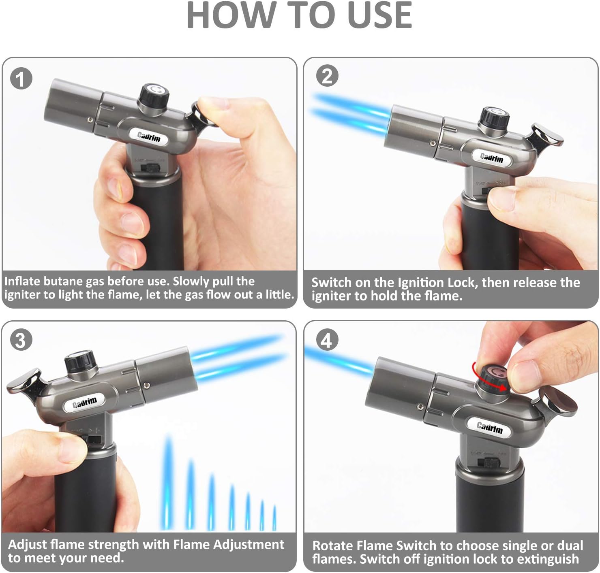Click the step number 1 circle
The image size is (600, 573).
click(x=21, y=79)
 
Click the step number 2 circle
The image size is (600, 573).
click(x=327, y=76)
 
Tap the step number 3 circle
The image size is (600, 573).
click(x=20, y=340)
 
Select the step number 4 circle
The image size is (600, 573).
click(x=326, y=340)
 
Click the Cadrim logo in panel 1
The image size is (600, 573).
click(x=149, y=137)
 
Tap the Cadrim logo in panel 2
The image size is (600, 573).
click(x=491, y=157)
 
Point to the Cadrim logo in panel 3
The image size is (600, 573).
click(x=85, y=403)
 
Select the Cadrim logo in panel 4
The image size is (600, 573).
click(x=489, y=427)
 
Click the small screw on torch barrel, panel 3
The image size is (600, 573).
click(x=147, y=385)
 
